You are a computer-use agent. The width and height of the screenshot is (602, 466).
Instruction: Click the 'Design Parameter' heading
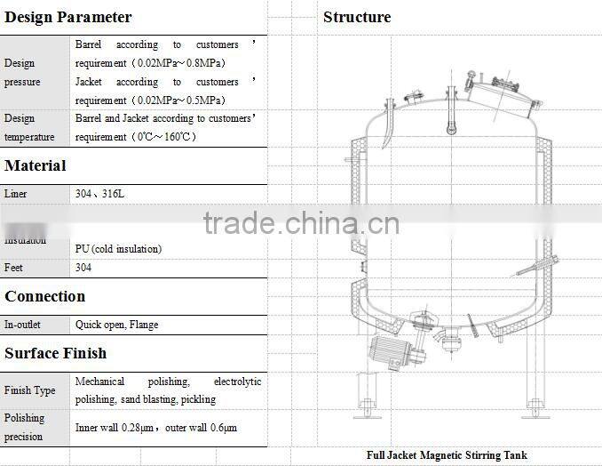click(x=67, y=17)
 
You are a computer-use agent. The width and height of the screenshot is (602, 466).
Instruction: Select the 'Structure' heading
click(x=356, y=17)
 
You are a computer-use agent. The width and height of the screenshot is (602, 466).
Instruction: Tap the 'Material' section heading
click(x=36, y=165)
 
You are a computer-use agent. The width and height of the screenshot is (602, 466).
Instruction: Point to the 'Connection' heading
click(x=44, y=296)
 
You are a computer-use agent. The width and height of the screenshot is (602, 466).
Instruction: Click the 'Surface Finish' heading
click(x=55, y=353)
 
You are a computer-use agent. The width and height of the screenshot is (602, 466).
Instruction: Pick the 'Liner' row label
click(x=16, y=193)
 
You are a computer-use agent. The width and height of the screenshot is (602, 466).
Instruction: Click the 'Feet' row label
click(x=13, y=268)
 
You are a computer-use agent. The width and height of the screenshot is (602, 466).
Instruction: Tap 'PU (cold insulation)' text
click(x=118, y=249)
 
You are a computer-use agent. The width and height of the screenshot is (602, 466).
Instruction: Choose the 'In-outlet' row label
click(x=22, y=325)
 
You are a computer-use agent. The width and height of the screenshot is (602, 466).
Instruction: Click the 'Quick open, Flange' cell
click(x=117, y=325)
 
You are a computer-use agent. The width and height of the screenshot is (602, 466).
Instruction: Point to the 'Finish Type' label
click(x=29, y=390)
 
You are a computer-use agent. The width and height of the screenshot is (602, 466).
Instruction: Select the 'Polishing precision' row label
click(x=24, y=427)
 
